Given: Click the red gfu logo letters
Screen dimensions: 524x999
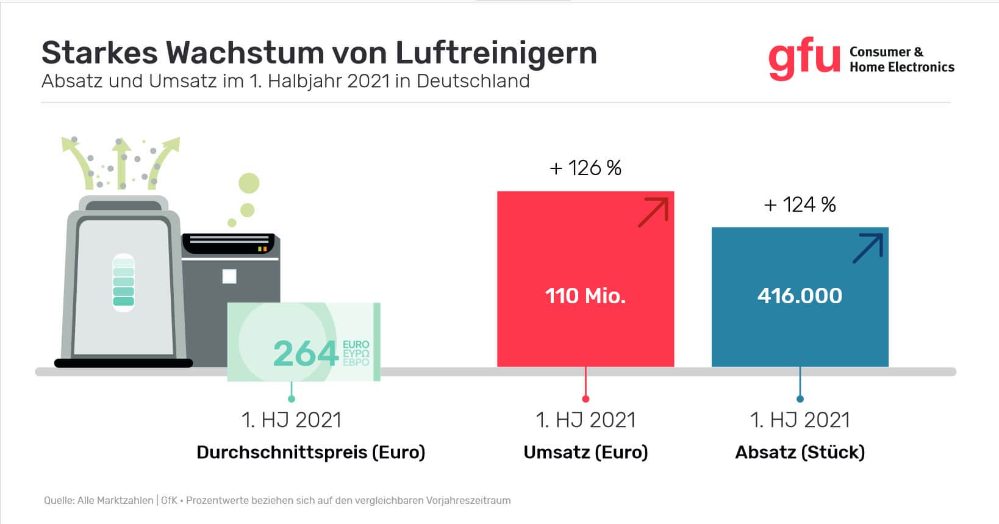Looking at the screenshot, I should click(804, 60).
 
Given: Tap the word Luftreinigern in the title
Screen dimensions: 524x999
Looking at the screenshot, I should click(496, 52).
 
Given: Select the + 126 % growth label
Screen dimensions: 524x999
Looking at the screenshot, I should click(585, 168).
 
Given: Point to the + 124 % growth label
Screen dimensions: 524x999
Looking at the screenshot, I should click(800, 204).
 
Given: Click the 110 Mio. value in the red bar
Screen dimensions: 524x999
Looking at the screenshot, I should click(585, 296).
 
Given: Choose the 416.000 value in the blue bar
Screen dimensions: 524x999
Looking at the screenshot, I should click(800, 296).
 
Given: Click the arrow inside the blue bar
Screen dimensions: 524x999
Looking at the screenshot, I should click(868, 248).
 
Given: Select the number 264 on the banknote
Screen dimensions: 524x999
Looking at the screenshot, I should click(306, 353).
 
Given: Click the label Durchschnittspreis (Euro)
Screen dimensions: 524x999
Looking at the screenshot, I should click(310, 452).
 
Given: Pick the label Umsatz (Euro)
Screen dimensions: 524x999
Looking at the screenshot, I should click(585, 452).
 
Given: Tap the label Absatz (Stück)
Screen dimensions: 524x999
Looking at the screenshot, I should click(800, 452).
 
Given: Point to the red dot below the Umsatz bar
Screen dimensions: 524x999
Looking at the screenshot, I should click(585, 399).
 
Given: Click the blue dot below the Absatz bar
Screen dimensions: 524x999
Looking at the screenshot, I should click(800, 399).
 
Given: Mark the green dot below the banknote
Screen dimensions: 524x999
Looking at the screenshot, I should click(292, 399).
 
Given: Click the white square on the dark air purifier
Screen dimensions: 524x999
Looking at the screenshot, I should click(229, 276).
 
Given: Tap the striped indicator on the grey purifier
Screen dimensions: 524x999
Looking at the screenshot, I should click(124, 282).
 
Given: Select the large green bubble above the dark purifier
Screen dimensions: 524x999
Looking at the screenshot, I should click(249, 182).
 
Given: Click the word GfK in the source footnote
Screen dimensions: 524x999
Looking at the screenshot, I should click(169, 500).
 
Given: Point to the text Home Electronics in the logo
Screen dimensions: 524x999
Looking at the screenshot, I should click(901, 67).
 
